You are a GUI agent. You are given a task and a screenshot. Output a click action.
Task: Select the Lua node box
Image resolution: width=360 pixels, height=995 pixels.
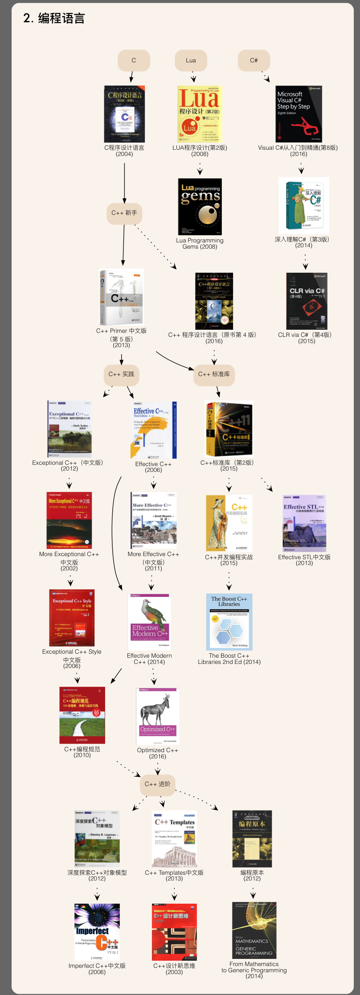tap(191, 61)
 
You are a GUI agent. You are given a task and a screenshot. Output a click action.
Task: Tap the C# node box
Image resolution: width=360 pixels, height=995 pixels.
tap(254, 61)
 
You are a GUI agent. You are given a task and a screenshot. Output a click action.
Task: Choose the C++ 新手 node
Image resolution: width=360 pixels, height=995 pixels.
tap(124, 213)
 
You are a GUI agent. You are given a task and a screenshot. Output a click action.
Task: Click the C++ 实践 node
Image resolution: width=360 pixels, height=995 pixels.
tap(121, 374)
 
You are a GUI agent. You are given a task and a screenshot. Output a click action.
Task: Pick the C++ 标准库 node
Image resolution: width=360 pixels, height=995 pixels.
tap(214, 374)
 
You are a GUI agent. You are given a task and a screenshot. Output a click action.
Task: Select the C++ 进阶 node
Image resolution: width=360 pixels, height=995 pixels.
tap(158, 784)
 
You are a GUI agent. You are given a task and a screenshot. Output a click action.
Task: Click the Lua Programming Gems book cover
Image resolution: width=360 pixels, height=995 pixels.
tap(200, 207)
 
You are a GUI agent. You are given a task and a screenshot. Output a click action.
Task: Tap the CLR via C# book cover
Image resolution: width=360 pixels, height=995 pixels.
tap(307, 301)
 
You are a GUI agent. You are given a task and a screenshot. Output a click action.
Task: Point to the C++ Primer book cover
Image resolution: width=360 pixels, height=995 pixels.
tap(122, 297)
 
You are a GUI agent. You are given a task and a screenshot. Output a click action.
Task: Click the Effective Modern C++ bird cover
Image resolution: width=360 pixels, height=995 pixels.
tap(150, 622)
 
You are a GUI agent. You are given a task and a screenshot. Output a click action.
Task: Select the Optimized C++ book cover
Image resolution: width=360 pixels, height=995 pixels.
tap(158, 717)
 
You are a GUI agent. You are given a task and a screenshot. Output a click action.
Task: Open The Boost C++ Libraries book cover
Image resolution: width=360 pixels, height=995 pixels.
tap(229, 622)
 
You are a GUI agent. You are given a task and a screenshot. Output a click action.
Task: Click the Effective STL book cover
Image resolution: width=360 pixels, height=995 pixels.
tap(305, 523)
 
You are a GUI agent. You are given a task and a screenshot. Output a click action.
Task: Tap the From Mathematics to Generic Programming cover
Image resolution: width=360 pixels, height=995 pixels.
tap(254, 930)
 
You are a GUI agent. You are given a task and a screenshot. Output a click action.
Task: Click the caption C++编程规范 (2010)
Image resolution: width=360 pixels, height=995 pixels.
tap(82, 752)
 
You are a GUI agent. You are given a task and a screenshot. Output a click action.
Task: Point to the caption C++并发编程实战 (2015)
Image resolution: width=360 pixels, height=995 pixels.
tap(229, 560)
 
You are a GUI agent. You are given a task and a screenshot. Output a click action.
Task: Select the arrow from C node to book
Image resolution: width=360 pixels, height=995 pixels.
tap(132, 77)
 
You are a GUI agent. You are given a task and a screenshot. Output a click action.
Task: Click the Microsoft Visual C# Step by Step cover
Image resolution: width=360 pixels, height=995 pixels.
tap(299, 114)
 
